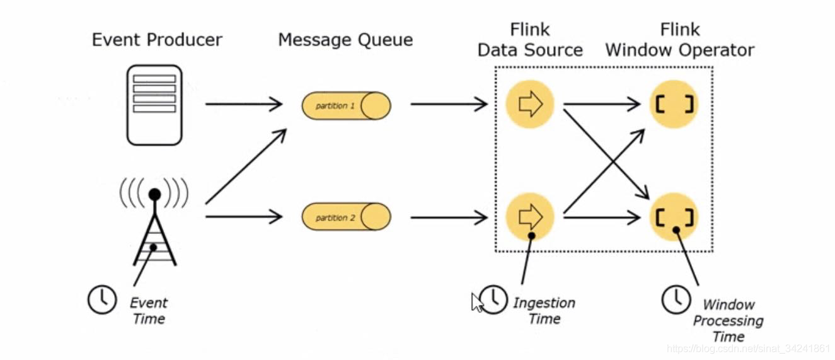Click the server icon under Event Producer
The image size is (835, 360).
point(154,105)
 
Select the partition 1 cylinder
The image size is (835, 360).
point(346,105)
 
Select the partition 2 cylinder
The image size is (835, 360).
point(346,217)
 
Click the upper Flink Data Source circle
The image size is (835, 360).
point(529,105)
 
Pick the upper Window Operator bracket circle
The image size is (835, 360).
point(674,105)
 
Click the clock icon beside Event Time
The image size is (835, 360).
point(101,299)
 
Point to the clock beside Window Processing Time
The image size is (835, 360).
point(676,299)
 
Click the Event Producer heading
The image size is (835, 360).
point(157,40)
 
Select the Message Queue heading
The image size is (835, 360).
point(345,40)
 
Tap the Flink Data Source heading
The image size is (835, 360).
point(530,40)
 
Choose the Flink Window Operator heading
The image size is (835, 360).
point(679,40)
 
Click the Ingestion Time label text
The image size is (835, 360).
point(544,311)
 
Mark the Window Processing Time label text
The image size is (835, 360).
point(728,320)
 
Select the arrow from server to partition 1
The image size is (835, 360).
point(244,104)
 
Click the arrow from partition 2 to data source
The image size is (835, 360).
point(449,218)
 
